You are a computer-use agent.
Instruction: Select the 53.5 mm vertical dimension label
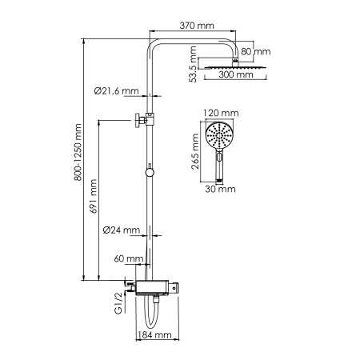click(x=193, y=65)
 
